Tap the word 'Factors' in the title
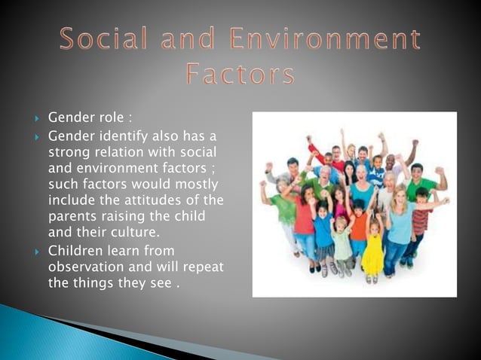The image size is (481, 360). coord(240,75)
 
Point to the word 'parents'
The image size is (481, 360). coord(71,217)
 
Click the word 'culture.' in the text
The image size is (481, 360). coord(136,233)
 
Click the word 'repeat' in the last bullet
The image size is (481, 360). coord(204,267)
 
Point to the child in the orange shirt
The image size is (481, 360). coord(359,226)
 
